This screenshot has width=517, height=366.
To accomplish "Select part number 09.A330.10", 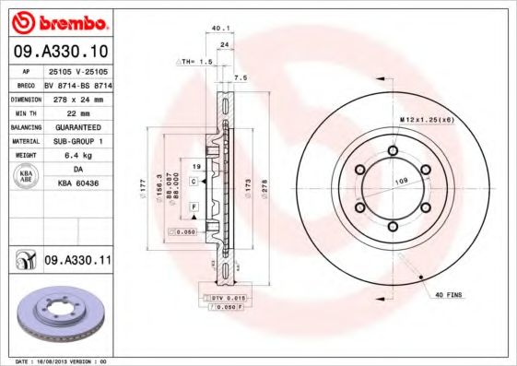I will tap(60, 52).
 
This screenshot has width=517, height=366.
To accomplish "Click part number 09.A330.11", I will tap(77, 262).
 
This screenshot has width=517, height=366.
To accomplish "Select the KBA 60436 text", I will tap(77, 184).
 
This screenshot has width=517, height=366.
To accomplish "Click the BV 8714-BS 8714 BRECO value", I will tap(77, 83).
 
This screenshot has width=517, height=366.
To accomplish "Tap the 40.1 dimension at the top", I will tap(220, 28).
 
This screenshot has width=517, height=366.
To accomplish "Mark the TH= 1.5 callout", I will tap(194, 61).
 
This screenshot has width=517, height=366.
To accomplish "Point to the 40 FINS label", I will tap(450, 294).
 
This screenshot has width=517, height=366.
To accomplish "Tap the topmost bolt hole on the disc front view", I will tap(394, 152).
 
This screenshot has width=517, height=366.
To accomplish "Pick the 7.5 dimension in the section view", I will tap(241, 78).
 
